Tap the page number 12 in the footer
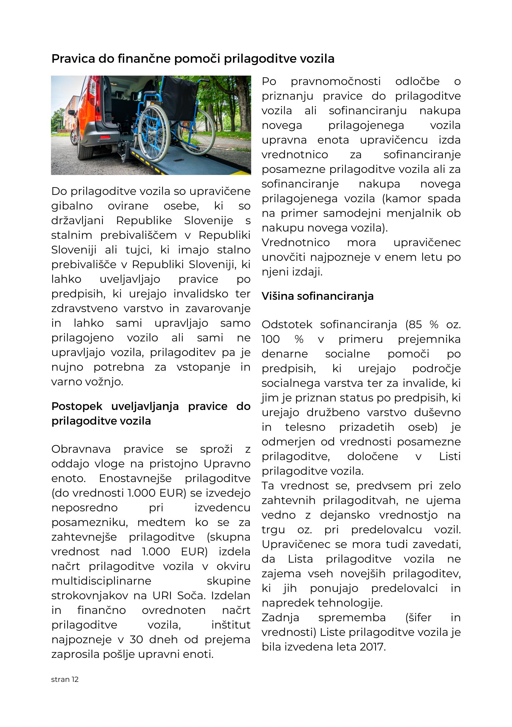(x=75, y=679)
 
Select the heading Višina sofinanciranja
(x=317, y=296)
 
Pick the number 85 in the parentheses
(x=415, y=325)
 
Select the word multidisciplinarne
(x=101, y=581)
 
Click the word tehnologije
(x=350, y=603)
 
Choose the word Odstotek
(x=287, y=325)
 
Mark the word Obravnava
(x=81, y=449)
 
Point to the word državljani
(x=77, y=221)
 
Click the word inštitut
(x=231, y=625)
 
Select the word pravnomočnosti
(x=336, y=82)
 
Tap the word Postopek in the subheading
(x=77, y=406)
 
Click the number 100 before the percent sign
(x=271, y=339)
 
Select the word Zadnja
(x=280, y=617)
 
